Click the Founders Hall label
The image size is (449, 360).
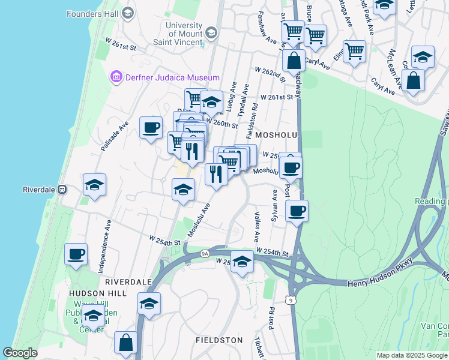(x=92, y=13)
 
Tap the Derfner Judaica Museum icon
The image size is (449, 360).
(x=116, y=77)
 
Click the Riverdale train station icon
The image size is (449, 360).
(x=62, y=189)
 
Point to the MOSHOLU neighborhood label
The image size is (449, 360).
(x=277, y=136)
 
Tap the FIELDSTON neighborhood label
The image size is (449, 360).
(x=219, y=340)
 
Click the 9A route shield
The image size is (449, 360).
(x=205, y=254)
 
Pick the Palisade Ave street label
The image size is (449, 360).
(x=115, y=136)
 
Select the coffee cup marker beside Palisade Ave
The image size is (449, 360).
(x=151, y=127)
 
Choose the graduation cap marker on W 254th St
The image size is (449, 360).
(x=242, y=262)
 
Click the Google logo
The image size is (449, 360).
(x=20, y=353)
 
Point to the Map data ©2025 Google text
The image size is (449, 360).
(x=411, y=355)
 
